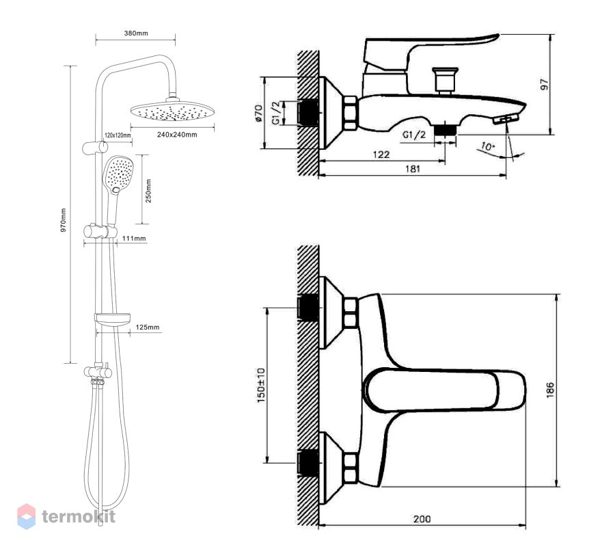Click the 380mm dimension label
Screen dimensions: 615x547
(x=136, y=34)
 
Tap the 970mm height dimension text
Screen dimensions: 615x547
(x=63, y=220)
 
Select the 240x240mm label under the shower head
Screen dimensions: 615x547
(x=177, y=135)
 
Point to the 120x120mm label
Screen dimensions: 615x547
(x=118, y=135)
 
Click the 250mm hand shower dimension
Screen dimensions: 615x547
(x=149, y=191)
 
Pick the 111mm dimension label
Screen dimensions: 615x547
(x=134, y=238)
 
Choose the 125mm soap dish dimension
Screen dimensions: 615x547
(x=148, y=328)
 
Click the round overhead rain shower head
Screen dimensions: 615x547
(x=173, y=111)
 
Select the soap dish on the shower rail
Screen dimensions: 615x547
(x=113, y=319)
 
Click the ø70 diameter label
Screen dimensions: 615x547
(x=259, y=113)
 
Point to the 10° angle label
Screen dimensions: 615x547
(x=487, y=147)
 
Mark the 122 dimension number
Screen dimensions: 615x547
(x=381, y=155)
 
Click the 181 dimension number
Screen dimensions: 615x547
(x=412, y=169)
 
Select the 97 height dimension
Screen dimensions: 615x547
(x=545, y=84)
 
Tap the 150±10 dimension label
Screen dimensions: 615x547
(x=261, y=386)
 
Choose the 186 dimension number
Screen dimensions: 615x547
(x=550, y=390)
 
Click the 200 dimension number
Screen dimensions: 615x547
(x=422, y=519)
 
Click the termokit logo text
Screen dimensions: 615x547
(x=79, y=516)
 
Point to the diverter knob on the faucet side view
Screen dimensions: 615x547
(x=445, y=80)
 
